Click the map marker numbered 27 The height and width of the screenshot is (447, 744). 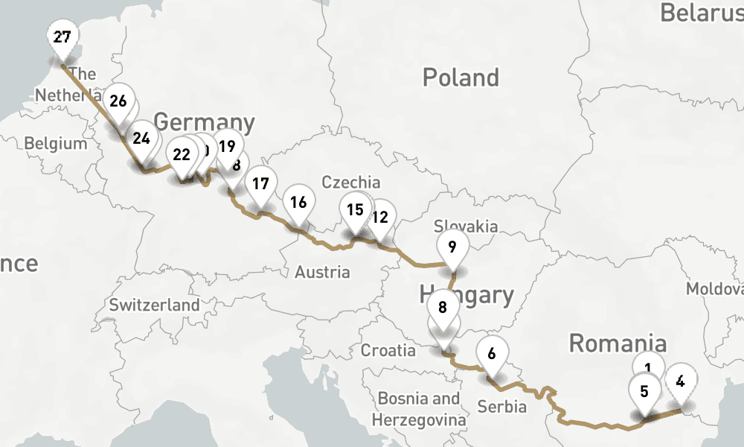62,37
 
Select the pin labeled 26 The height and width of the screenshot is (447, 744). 118,101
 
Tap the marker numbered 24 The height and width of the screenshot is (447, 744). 141,139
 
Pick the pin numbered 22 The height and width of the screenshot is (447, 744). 182,155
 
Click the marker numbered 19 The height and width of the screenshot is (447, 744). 226,146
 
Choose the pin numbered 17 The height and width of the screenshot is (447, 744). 260,183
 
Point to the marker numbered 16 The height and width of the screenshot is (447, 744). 298,203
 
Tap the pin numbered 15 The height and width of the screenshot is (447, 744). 355,209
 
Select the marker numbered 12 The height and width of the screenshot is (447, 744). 380,218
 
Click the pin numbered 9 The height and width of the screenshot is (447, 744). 452,246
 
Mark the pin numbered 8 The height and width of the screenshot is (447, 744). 443,307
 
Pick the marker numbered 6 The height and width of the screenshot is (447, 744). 492,354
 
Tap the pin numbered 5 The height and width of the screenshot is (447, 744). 644,391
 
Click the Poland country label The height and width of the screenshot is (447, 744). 461,77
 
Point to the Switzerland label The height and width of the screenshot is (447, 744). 154,305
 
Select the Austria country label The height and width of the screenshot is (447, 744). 322,272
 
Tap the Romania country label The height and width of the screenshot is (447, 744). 618,343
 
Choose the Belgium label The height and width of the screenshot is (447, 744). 56,144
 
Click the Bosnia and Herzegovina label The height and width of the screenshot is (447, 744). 419,409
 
